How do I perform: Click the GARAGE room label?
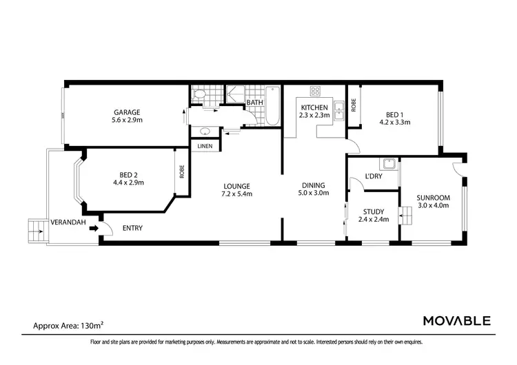[127, 112]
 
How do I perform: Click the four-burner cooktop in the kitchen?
[316, 91]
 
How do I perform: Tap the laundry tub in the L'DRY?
[390, 165]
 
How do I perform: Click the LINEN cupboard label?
[205, 146]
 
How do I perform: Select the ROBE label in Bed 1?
[353, 105]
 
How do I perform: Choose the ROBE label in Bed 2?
[182, 171]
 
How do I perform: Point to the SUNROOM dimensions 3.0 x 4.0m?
[433, 206]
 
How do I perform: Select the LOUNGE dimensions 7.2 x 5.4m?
[236, 194]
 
